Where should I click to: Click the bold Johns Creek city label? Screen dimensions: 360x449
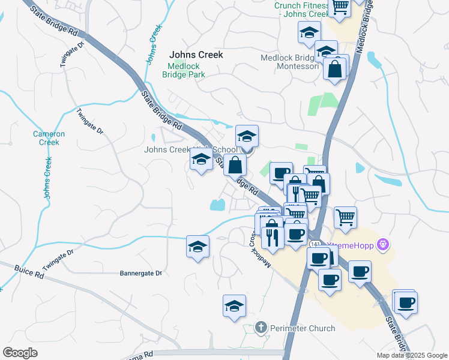(x=196, y=55)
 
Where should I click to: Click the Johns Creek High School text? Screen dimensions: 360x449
(x=180, y=150)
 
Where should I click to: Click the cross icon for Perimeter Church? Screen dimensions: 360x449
(x=261, y=328)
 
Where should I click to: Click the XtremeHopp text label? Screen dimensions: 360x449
(x=354, y=245)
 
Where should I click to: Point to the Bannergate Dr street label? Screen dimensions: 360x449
(x=141, y=273)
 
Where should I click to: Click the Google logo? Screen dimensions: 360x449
(x=19, y=353)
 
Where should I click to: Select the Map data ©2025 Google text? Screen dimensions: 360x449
(x=411, y=355)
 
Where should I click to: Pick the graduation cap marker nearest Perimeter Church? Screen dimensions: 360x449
(x=234, y=305)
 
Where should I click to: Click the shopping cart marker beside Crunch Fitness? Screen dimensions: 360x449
(x=340, y=7)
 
